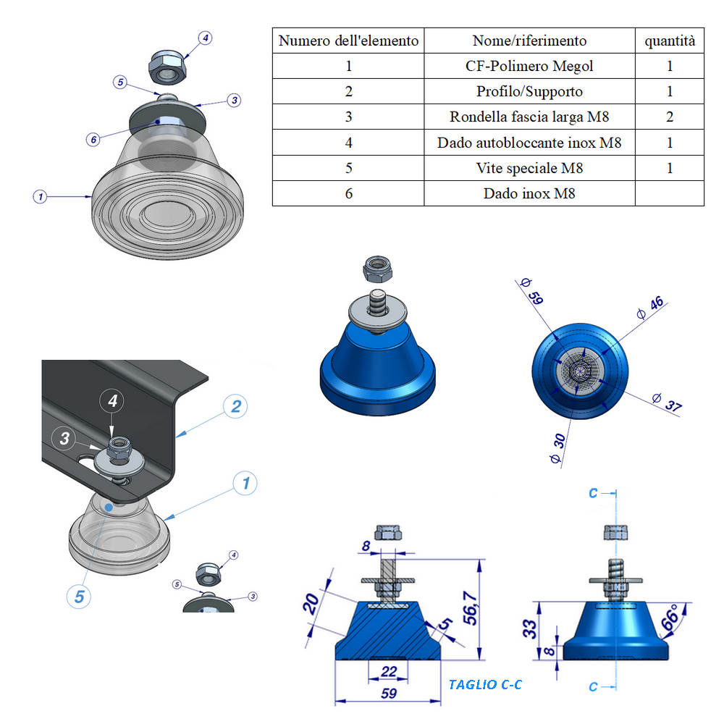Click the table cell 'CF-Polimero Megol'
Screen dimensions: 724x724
point(529,66)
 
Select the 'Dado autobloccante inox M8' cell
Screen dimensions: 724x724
point(529,143)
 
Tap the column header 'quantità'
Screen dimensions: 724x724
point(670,41)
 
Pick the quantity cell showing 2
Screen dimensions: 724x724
point(670,117)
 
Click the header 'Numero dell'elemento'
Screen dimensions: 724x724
point(348,41)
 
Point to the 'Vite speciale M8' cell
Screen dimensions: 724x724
point(529,168)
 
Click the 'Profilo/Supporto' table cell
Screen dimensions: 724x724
point(529,91)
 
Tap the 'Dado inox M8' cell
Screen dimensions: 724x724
point(529,193)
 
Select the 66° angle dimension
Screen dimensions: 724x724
point(670,616)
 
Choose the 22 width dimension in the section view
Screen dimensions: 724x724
point(389,671)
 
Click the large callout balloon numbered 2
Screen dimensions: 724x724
point(235,406)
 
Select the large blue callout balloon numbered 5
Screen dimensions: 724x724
point(80,597)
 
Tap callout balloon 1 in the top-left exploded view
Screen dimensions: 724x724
point(41,196)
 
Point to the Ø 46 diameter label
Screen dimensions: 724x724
point(651,308)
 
